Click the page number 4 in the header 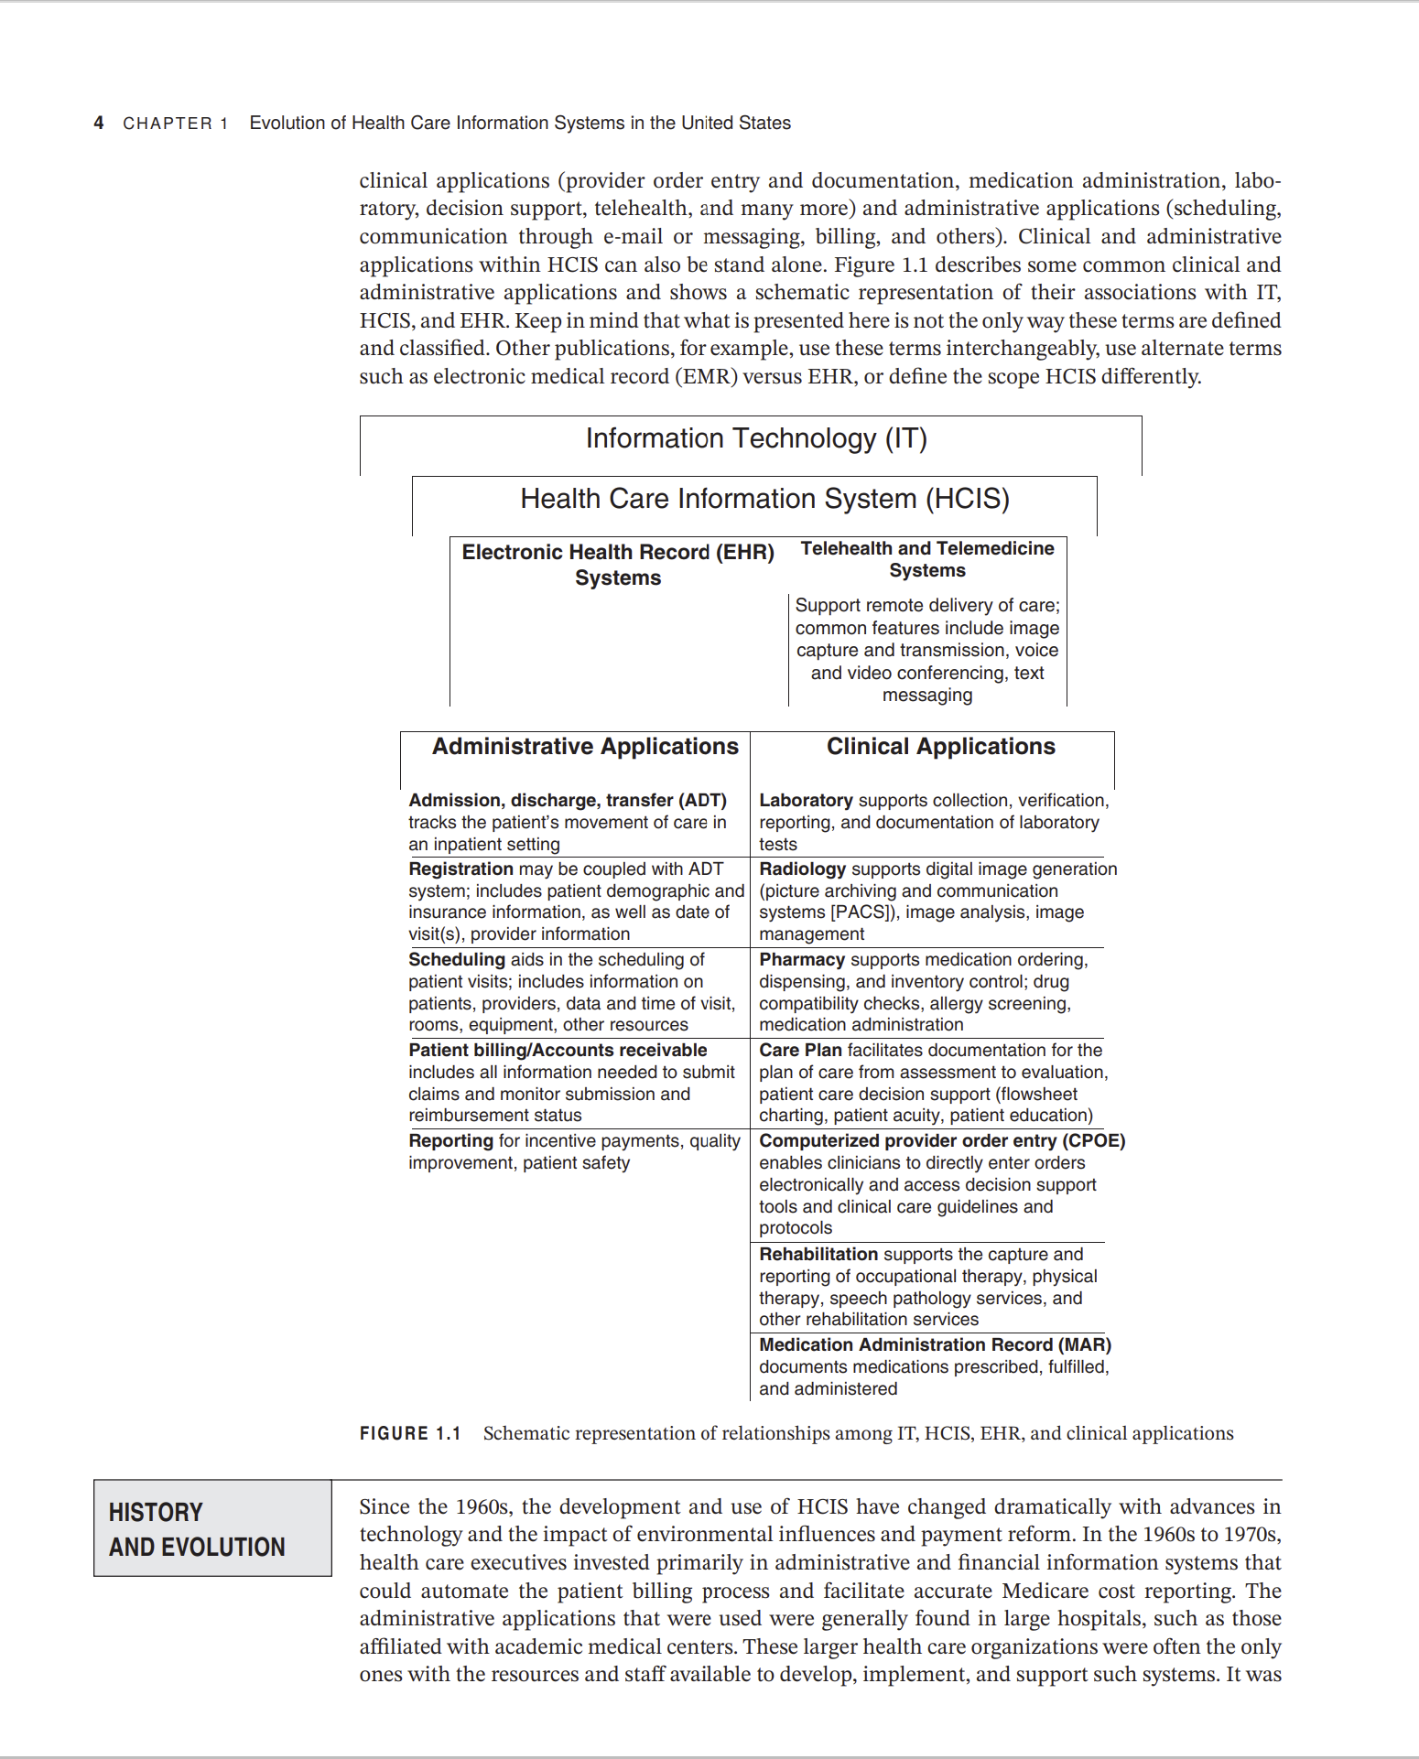click(98, 123)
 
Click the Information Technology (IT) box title click(756, 438)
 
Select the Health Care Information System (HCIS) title click(764, 499)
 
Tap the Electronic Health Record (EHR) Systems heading click(618, 565)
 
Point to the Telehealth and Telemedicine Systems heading click(926, 559)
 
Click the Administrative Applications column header click(585, 747)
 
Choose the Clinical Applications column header click(940, 747)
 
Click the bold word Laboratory click(806, 800)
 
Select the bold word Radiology click(802, 869)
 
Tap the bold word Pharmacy click(802, 959)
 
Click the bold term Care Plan click(800, 1050)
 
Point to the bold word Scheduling click(456, 959)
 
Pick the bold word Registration click(460, 869)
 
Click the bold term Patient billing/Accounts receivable click(558, 1050)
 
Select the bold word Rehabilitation click(818, 1254)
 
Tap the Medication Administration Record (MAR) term click(935, 1344)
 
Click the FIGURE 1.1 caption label click(409, 1433)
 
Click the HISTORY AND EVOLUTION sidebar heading click(197, 1529)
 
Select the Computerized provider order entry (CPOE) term click(941, 1140)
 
